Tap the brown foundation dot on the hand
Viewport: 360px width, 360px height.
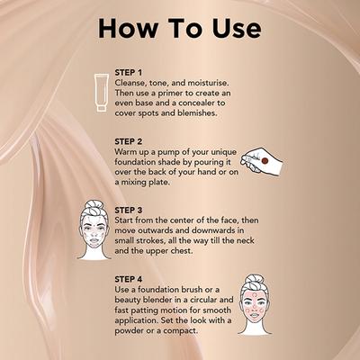coord(265,161)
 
